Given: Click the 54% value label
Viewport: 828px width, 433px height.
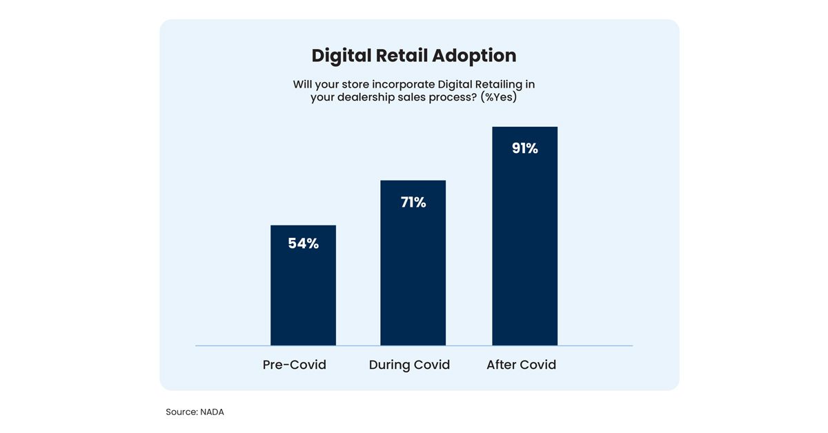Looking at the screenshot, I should (x=304, y=243).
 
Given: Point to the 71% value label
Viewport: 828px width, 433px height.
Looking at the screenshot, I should (x=413, y=203).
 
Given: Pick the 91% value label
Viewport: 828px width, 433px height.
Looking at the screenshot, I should (x=524, y=148).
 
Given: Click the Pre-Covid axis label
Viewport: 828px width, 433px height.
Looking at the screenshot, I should (x=295, y=365).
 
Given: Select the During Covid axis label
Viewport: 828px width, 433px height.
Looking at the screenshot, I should (x=409, y=365).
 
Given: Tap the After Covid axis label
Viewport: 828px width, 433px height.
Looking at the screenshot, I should (x=521, y=365).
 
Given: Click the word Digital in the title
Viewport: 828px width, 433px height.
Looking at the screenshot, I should (x=342, y=56).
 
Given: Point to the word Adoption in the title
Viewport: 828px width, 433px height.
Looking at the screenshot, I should (x=475, y=56).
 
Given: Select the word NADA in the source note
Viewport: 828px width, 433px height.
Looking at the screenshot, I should (x=212, y=412).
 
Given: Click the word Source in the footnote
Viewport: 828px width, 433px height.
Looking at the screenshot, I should (x=181, y=412).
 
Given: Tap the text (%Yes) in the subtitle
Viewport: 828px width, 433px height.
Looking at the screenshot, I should (x=499, y=98).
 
